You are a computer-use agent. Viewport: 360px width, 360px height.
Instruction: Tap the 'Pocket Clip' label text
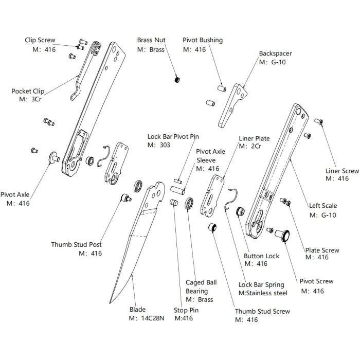pyautogui.click(x=28, y=91)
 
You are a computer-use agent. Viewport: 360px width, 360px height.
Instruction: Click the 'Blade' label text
pyautogui.click(x=137, y=310)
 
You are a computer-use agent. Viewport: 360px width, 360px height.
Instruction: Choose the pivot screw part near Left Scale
pyautogui.click(x=282, y=236)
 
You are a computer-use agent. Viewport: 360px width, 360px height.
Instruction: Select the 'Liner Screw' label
pyautogui.click(x=342, y=171)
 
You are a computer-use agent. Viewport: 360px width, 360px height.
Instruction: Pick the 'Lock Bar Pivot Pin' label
pyautogui.click(x=173, y=137)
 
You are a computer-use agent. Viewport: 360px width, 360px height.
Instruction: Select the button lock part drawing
pyautogui.click(x=239, y=211)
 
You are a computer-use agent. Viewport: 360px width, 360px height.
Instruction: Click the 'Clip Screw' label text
pyautogui.click(x=40, y=40)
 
